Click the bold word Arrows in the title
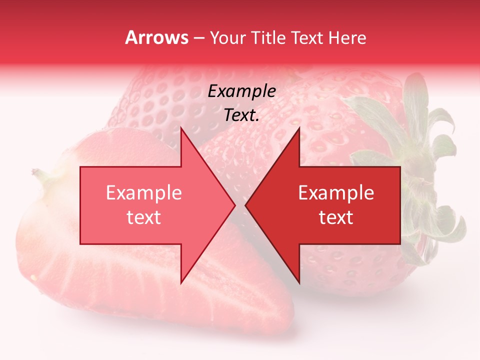coord(156,38)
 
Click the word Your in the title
coord(227,38)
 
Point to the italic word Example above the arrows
coord(242,91)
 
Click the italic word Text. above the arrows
coord(242,115)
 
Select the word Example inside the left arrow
coord(144,192)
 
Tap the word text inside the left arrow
coord(144,217)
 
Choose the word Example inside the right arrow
coord(336,192)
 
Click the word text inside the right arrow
coord(336,217)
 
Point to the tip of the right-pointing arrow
coord(235,205)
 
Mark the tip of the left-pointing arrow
coord(245,205)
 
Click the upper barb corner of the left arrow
coord(181,127)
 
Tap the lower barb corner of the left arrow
coord(181,283)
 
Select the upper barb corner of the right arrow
coord(299,127)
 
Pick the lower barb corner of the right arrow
coord(299,283)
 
